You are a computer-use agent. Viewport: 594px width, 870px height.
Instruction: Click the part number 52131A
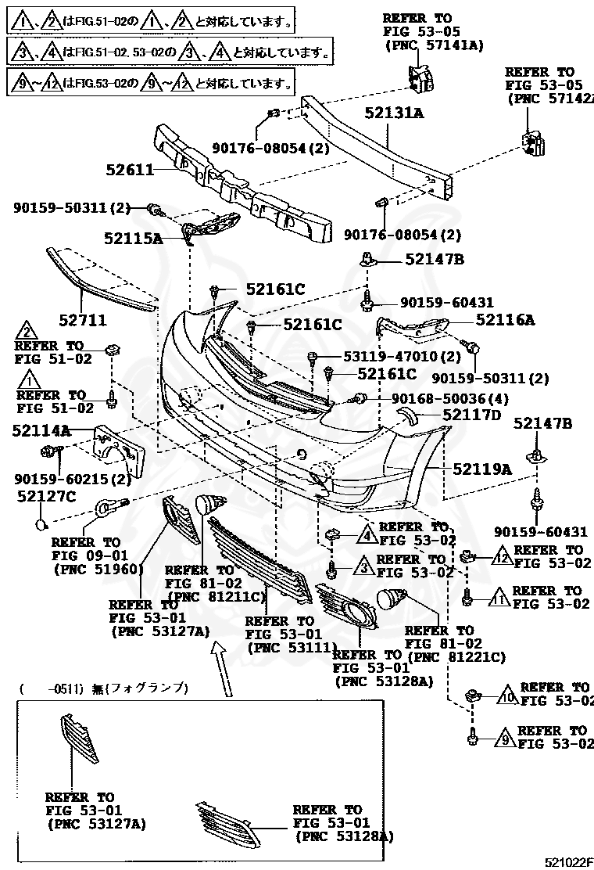point(394,113)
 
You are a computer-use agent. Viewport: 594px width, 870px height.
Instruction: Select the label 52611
point(130,168)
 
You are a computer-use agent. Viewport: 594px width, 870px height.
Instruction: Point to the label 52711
point(83,321)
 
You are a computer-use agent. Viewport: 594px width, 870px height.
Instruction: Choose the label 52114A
point(41,430)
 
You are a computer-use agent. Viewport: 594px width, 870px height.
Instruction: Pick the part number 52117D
point(471,415)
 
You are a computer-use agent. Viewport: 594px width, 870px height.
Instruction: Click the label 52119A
point(482,469)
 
